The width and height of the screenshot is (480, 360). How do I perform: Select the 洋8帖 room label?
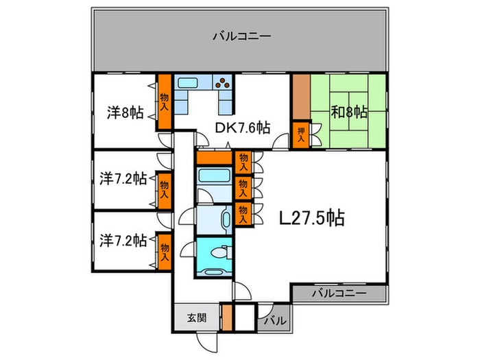click(x=125, y=112)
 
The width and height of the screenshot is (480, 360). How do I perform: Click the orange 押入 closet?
click(x=300, y=134)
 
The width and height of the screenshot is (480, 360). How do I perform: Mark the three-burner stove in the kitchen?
click(x=224, y=84)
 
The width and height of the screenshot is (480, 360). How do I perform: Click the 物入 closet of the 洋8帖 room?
click(x=165, y=101)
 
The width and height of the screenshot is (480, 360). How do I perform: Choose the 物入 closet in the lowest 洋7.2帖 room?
click(x=164, y=252)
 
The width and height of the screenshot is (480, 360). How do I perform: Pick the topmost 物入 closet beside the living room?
click(x=243, y=161)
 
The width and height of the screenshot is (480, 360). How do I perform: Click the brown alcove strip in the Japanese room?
click(x=301, y=97)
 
